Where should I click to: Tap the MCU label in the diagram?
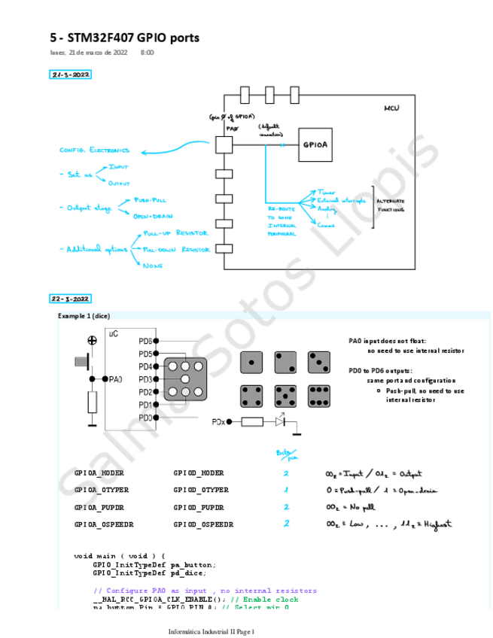pyautogui.click(x=391, y=109)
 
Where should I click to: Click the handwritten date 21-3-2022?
pyautogui.click(x=71, y=75)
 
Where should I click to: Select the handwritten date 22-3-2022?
pyautogui.click(x=71, y=298)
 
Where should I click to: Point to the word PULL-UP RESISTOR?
pyautogui.click(x=175, y=234)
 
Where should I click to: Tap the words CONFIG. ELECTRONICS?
pyautogui.click(x=94, y=150)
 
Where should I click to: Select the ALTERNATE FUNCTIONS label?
pyautogui.click(x=391, y=206)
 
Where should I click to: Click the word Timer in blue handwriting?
pyautogui.click(x=326, y=193)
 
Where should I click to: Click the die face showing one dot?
pyautogui.click(x=251, y=363)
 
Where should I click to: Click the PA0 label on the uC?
pyautogui.click(x=115, y=379)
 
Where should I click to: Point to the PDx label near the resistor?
pyautogui.click(x=220, y=421)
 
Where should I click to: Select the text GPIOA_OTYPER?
pyautogui.click(x=99, y=491)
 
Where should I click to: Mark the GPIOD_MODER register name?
pyautogui.click(x=199, y=474)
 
